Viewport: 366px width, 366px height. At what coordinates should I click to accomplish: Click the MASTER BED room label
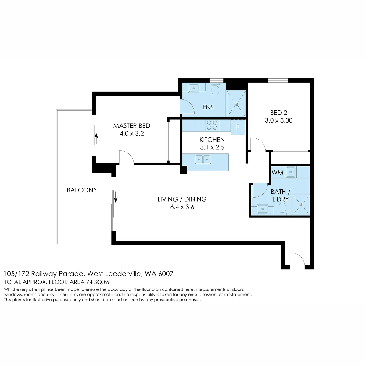click(x=132, y=126)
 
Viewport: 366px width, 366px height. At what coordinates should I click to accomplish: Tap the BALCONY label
click(x=82, y=190)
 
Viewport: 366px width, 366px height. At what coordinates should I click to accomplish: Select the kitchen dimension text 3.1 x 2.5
click(x=212, y=147)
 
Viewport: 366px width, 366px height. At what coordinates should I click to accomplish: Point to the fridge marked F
click(x=238, y=127)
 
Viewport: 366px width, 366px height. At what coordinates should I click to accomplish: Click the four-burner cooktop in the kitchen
click(x=212, y=125)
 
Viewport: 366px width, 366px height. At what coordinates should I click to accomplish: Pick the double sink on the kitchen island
click(x=203, y=159)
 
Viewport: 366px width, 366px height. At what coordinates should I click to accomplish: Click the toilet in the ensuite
click(x=215, y=89)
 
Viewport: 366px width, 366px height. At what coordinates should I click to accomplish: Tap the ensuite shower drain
click(x=236, y=104)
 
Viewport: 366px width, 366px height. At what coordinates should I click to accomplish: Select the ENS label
click(x=208, y=107)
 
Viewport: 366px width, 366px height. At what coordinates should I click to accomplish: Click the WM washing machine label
click(x=278, y=173)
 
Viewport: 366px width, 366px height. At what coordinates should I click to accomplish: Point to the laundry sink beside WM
click(x=290, y=172)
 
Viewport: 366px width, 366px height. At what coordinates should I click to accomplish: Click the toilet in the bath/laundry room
click(x=282, y=209)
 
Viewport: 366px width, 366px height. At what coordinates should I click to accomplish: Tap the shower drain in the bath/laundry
click(x=301, y=205)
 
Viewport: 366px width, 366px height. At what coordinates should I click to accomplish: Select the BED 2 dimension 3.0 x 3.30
click(x=279, y=120)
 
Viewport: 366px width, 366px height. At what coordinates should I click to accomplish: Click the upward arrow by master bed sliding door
click(x=96, y=138)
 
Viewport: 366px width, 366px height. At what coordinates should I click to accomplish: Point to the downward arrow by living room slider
click(x=116, y=197)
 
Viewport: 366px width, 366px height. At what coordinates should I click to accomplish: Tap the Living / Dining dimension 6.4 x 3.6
click(x=182, y=207)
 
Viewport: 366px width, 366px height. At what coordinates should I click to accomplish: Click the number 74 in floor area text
click(x=89, y=282)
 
